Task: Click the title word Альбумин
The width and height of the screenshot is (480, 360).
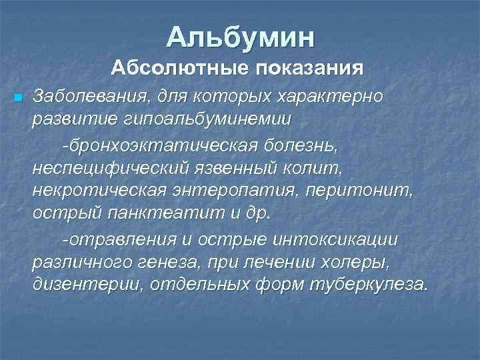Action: pyautogui.click(x=240, y=37)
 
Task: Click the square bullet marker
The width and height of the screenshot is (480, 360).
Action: pyautogui.click(x=18, y=98)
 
